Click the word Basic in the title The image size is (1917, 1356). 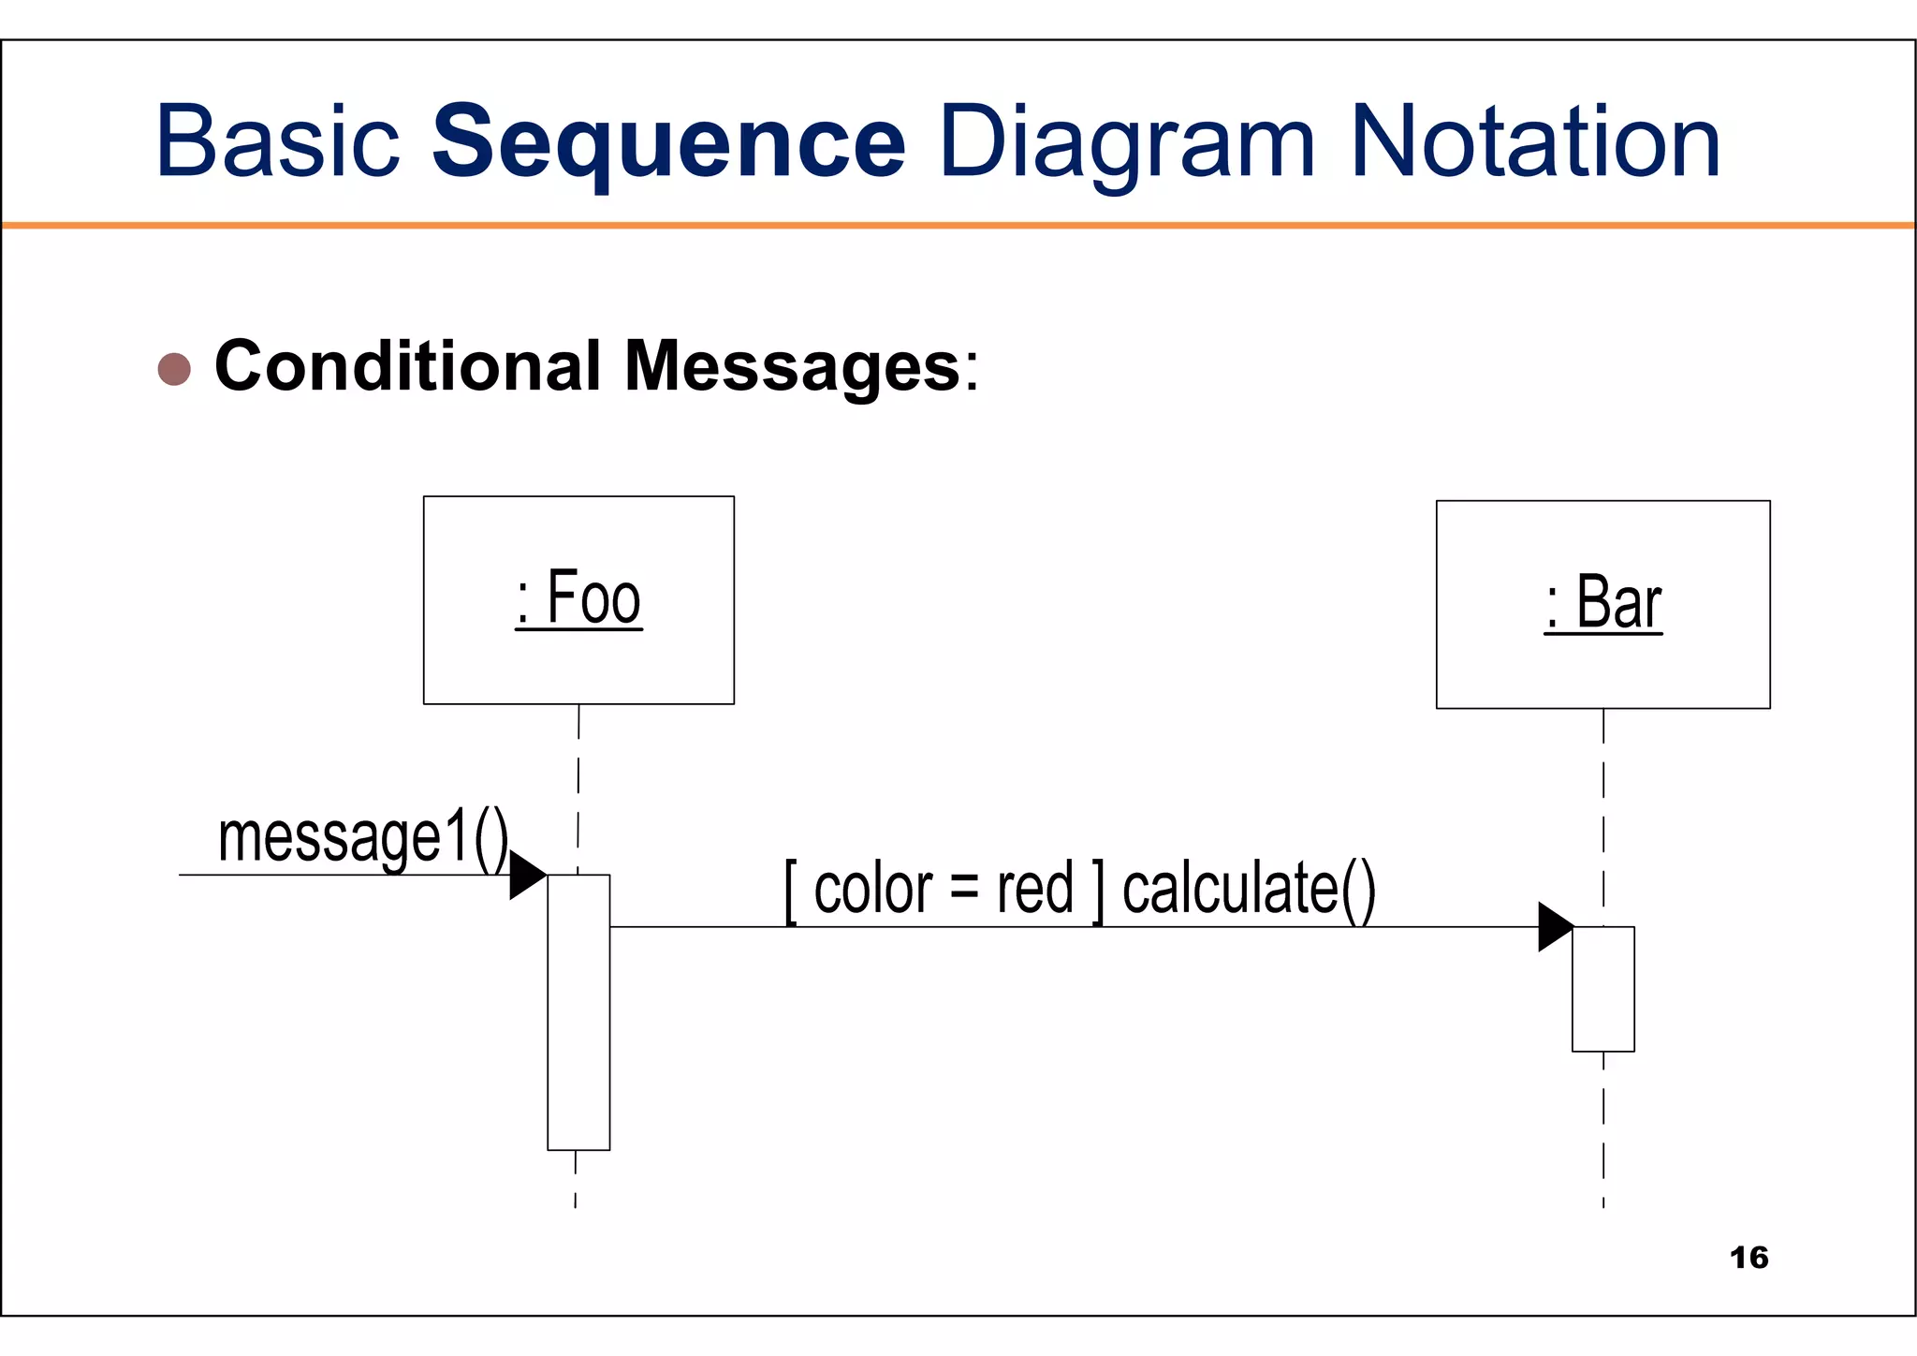277,142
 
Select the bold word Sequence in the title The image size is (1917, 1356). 668,142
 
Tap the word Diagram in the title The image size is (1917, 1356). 1126,142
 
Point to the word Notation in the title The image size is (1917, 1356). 1535,142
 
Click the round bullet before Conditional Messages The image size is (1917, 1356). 174,369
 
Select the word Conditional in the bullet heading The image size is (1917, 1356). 407,366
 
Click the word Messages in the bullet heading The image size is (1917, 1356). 792,366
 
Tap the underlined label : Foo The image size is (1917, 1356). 578,598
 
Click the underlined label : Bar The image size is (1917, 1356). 1602,603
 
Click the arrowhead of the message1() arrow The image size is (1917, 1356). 525,875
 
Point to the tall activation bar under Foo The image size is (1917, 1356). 578,1011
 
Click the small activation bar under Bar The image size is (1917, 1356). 1602,989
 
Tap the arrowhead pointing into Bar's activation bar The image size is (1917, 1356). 1554,927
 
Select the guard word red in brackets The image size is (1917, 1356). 1034,889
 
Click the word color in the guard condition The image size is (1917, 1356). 872,889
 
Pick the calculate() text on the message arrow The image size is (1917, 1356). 1249,889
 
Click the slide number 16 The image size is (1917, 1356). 1749,1258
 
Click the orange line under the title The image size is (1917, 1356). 958,225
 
